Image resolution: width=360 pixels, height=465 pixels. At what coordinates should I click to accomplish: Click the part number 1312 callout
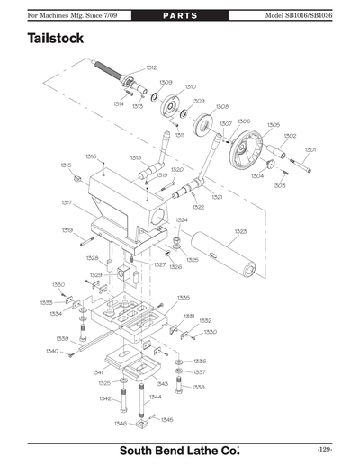tap(151, 67)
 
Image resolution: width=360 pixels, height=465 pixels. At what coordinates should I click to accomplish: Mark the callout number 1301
tap(310, 149)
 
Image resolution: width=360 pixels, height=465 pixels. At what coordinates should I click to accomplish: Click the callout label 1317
tap(67, 202)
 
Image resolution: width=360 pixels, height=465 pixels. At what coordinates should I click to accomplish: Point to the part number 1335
tap(183, 297)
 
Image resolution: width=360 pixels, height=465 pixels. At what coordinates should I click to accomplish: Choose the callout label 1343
tap(161, 383)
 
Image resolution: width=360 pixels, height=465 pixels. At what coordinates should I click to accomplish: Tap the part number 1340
tap(52, 351)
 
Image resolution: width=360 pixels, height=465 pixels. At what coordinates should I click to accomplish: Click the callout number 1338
tap(199, 387)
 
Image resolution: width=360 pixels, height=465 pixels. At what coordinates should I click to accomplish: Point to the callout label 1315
tap(66, 165)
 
